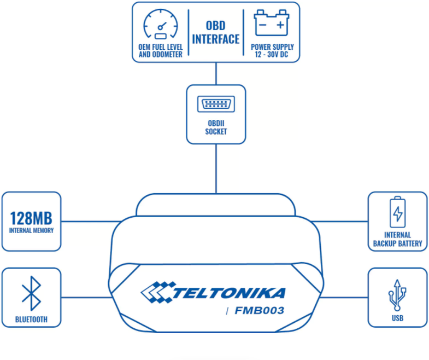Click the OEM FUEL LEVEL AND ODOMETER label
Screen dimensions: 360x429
click(161, 51)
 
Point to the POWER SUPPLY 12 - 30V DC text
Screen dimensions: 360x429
click(272, 51)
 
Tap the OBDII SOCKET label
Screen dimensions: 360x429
click(216, 127)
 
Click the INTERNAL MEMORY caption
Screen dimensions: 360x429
click(31, 230)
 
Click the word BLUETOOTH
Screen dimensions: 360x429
click(31, 320)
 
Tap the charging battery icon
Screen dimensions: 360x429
click(397, 212)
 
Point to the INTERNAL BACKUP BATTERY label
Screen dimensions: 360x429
click(397, 239)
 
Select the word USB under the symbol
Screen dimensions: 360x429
click(397, 318)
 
